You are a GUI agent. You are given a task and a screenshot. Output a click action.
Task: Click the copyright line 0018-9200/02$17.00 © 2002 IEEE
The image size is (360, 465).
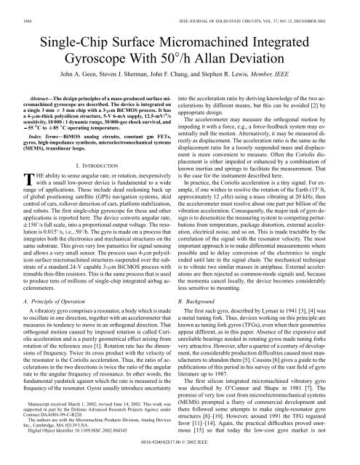pos(180,458)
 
